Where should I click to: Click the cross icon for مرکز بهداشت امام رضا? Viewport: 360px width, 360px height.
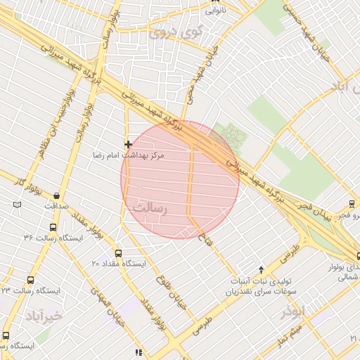(x=127, y=144)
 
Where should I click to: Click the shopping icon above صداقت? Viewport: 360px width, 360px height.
(x=56, y=195)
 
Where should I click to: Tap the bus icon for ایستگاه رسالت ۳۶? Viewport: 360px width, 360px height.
(x=53, y=228)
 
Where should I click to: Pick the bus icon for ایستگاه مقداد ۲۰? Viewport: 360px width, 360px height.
(x=117, y=253)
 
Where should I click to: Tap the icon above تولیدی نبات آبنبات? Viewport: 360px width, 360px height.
(x=262, y=269)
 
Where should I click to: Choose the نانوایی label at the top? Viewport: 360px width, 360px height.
(x=216, y=11)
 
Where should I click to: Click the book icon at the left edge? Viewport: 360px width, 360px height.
(x=17, y=205)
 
